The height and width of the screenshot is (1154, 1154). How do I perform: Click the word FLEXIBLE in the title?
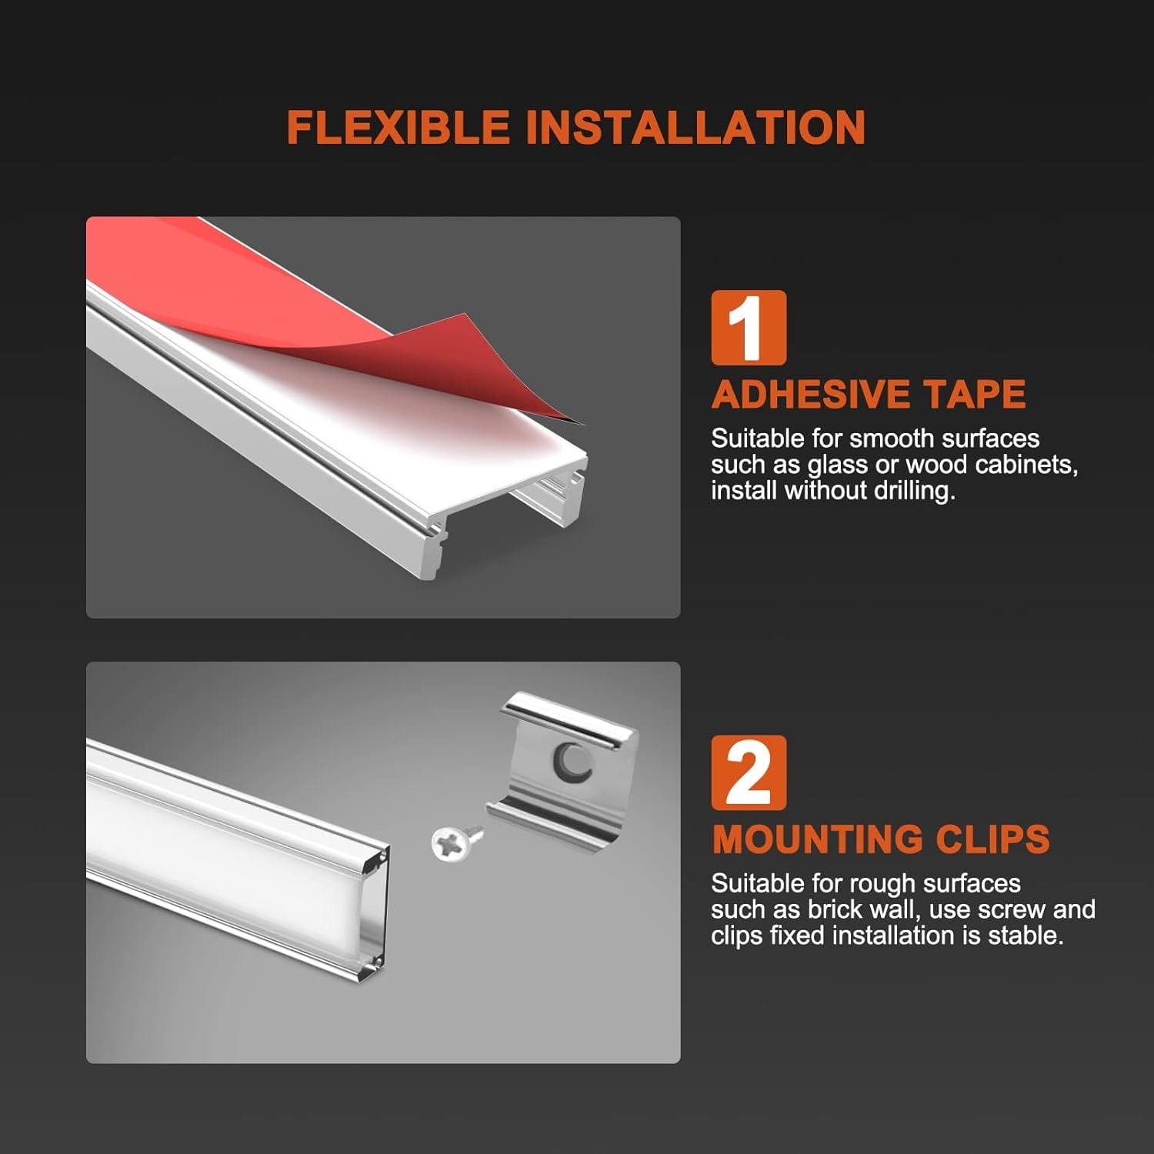coord(399,127)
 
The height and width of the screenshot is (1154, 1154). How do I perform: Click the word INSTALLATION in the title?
coord(695,127)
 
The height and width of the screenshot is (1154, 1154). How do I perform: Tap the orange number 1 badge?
coord(749,328)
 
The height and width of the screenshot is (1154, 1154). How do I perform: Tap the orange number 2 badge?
coord(749,772)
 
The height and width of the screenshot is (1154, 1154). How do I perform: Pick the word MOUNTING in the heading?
coord(825,839)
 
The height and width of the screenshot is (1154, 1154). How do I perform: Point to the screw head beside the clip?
coord(449,844)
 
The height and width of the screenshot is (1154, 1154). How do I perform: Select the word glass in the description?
coord(838,465)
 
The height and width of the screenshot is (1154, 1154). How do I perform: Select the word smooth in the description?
coord(892,439)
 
